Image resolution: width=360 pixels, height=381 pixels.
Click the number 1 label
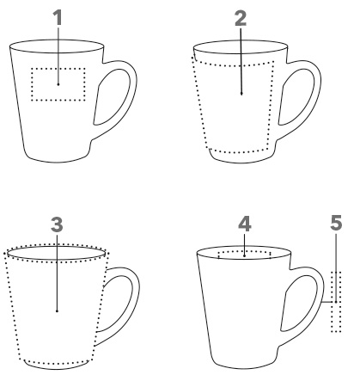tap(58, 17)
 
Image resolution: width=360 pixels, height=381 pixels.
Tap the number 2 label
tap(241, 18)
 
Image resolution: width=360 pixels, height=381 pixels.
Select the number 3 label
tap(57, 224)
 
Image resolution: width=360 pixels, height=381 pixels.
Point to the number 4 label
tap(245, 224)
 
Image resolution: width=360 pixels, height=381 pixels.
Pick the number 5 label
tap(336, 223)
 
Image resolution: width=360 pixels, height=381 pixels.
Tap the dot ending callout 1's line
tap(58, 84)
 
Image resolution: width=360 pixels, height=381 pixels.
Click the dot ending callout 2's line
tap(241, 94)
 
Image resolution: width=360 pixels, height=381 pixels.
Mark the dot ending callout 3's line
tap(57, 310)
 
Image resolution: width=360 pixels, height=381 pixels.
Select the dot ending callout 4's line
tap(244, 255)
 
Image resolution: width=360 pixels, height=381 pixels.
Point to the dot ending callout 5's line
tap(336, 302)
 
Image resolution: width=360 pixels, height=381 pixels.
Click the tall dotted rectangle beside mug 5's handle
tap(332, 302)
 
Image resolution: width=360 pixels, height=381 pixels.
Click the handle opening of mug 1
tap(111, 97)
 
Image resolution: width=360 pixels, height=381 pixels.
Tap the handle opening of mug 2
tap(296, 97)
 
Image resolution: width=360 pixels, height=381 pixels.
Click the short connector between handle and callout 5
tap(328, 302)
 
